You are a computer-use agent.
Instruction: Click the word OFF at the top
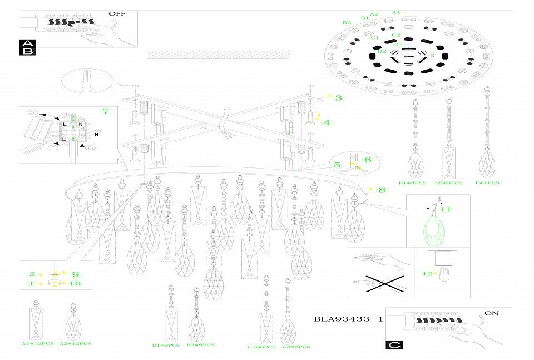pyautogui.click(x=117, y=13)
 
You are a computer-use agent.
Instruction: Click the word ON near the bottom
pyautogui.click(x=491, y=313)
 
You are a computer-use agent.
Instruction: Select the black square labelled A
pyautogui.click(x=27, y=43)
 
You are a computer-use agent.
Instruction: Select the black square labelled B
pyautogui.click(x=27, y=51)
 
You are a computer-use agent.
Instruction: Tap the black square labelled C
pyautogui.click(x=394, y=344)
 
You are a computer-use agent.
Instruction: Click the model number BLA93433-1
pyautogui.click(x=348, y=319)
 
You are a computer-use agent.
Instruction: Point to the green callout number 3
pyautogui.click(x=339, y=98)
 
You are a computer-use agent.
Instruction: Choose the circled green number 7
pyautogui.click(x=107, y=111)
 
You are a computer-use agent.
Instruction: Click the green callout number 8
pyautogui.click(x=382, y=190)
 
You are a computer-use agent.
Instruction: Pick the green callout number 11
pyautogui.click(x=446, y=209)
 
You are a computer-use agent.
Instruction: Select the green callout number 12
pyautogui.click(x=427, y=274)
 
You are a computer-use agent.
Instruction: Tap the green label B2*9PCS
pyautogui.click(x=201, y=345)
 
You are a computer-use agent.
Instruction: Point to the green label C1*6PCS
pyautogui.click(x=261, y=347)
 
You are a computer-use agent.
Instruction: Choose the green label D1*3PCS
pyautogui.click(x=413, y=183)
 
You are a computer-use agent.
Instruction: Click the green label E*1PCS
pyautogui.click(x=488, y=183)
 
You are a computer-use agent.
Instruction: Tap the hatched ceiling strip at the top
pyautogui.click(x=218, y=55)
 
